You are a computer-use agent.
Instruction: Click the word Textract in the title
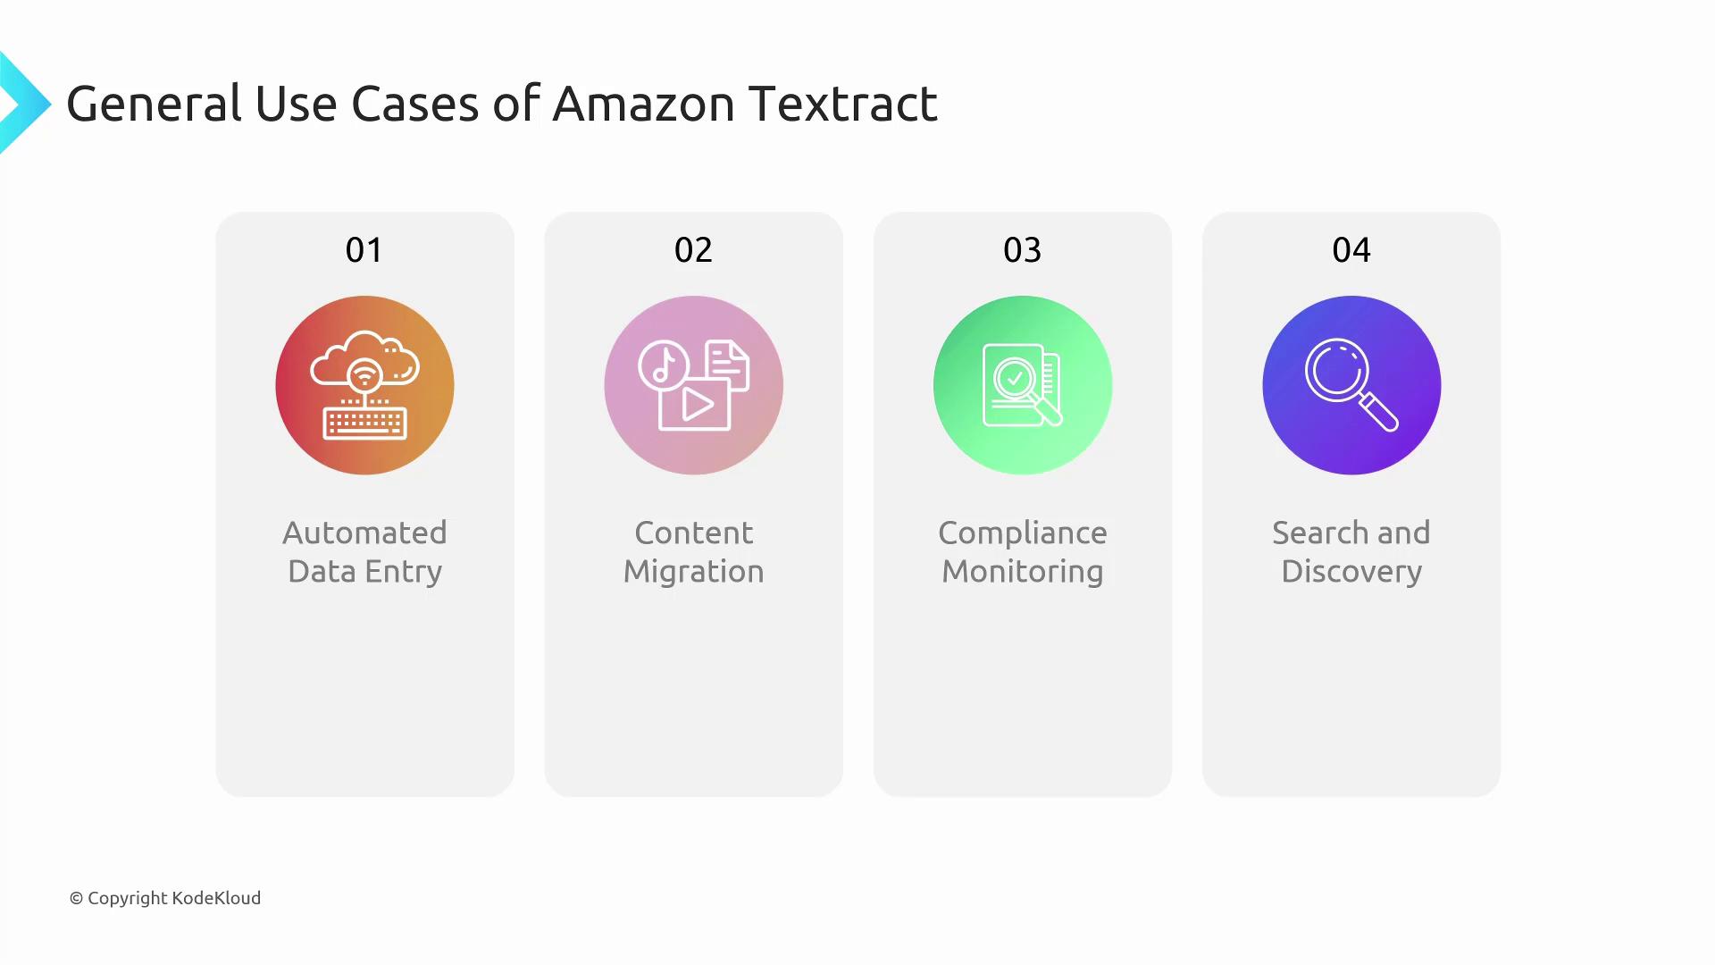[x=843, y=104]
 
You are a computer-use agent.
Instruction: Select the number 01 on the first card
[x=364, y=250]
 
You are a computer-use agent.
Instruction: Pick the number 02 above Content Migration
[x=693, y=250]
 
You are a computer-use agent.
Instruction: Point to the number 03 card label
[x=1022, y=250]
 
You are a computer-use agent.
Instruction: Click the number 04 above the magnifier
[x=1351, y=250]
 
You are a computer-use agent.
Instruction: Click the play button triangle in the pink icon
[x=698, y=405]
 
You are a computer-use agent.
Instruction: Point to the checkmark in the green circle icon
[x=1015, y=378]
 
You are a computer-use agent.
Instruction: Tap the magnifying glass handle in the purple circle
[x=1379, y=414]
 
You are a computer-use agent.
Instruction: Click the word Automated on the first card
[x=364, y=533]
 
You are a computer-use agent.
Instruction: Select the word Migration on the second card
[x=693, y=572]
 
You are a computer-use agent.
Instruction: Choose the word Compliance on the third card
[x=1022, y=533]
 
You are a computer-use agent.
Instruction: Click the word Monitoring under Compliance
[x=1022, y=572]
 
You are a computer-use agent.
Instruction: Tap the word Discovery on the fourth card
[x=1351, y=572]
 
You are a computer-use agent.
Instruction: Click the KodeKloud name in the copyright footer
[x=216, y=898]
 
